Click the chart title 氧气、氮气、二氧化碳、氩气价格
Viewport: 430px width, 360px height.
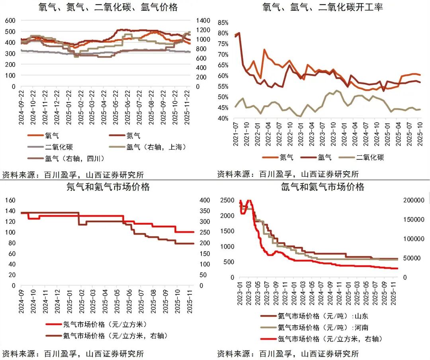click(108, 7)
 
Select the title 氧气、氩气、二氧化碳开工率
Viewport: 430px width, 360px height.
click(323, 7)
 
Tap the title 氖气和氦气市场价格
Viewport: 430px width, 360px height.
click(108, 187)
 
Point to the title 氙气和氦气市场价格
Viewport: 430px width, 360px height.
click(323, 187)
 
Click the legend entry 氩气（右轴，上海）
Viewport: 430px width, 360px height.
click(156, 147)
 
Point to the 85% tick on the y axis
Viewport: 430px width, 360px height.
click(223, 23)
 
